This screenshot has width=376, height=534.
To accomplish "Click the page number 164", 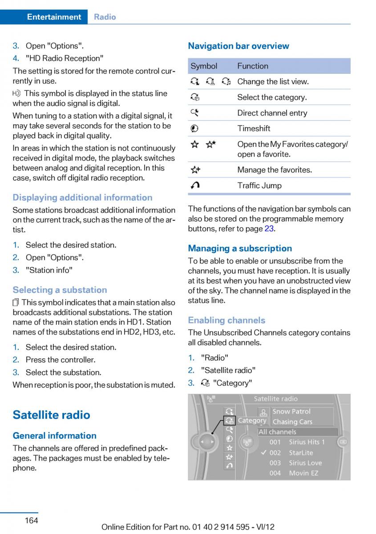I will coord(32,520).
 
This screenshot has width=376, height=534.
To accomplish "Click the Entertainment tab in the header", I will coord(54,17).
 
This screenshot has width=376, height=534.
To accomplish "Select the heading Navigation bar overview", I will coord(238,46).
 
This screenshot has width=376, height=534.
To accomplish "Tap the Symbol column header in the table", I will coord(204,66).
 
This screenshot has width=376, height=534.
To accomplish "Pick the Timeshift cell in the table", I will coord(254,129).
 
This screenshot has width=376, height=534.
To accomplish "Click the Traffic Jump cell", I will coord(259,186).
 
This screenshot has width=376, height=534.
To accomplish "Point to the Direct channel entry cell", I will coord(272,113).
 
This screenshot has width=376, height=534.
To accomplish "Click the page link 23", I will coord(269,229).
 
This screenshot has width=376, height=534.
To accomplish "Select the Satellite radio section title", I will coord(51,415).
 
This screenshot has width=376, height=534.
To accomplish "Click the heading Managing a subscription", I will coord(240,248).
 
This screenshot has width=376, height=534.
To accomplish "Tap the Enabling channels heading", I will coord(226,320).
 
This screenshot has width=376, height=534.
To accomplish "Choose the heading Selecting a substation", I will coord(60,290).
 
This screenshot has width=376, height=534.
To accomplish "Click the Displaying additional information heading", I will coord(82,198).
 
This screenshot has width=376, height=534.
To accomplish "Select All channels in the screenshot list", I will coord(277,432).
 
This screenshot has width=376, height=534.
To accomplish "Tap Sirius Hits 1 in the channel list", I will coord(307,442).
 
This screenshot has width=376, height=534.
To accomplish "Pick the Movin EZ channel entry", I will coord(303,473).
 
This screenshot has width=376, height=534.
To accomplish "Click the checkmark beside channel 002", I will coord(263,453).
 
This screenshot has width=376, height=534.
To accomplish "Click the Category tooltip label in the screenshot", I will coord(252,421).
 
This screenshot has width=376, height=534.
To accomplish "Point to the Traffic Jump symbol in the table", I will coord(195,186).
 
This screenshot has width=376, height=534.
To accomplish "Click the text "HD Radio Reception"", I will coord(65,58).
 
